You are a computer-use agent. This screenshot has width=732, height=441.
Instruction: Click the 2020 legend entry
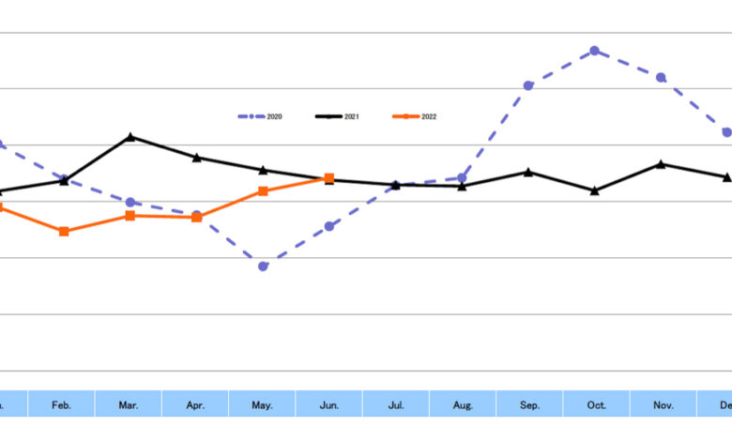pos(260,116)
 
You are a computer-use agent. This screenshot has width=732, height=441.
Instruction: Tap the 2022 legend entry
pos(415,116)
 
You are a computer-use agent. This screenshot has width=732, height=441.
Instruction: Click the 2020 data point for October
pos(595,51)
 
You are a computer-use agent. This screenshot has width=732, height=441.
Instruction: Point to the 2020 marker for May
pos(264,266)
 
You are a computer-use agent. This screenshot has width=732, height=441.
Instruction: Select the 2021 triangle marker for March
pos(130,137)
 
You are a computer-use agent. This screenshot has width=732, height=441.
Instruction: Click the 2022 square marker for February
pos(64,231)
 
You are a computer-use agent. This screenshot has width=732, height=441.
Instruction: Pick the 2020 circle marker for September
pos(528,85)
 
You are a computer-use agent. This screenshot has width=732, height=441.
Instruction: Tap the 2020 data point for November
pos(662,77)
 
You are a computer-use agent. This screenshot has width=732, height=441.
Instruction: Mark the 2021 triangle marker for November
pos(662,164)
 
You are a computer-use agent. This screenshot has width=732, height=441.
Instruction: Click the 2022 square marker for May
pos(264,191)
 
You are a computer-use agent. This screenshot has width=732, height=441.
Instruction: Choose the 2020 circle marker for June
pos(329,226)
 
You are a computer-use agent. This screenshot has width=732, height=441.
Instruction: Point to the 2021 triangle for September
pos(528,172)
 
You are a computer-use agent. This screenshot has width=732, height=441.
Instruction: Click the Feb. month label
pos(61,404)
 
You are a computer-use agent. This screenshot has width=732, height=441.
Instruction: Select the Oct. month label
pos(597,404)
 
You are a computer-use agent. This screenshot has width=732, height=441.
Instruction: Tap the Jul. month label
pos(396,404)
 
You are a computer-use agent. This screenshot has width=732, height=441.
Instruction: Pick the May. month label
pos(262,404)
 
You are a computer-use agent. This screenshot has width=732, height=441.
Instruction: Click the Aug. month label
pos(463,404)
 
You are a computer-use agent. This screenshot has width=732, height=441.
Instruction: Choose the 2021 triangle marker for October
pos(595,190)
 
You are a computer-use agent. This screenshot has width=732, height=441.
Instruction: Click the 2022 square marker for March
pos(130,216)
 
